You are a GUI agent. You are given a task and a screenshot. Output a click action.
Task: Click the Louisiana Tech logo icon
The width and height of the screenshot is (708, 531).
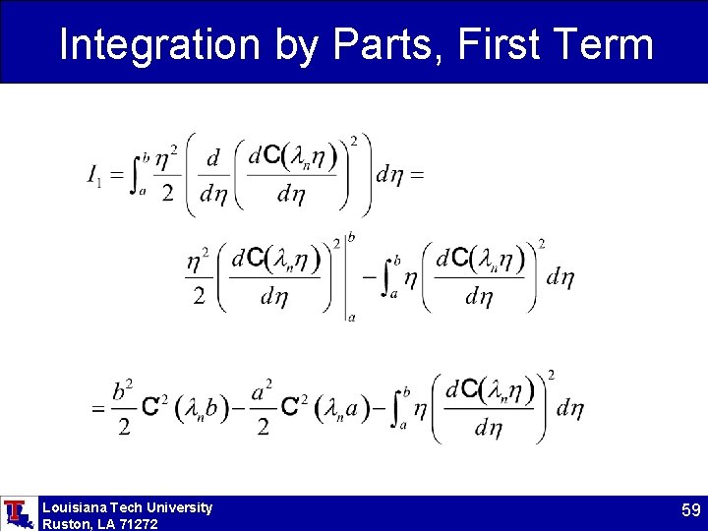[17, 513]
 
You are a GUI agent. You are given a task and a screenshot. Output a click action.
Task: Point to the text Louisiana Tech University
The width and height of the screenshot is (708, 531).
[127, 507]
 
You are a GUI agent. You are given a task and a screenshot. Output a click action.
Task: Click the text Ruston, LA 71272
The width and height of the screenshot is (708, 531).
[99, 524]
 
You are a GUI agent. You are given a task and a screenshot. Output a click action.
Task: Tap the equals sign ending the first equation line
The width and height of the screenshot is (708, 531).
[416, 175]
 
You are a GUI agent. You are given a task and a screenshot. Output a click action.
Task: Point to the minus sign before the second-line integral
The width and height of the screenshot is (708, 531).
[370, 277]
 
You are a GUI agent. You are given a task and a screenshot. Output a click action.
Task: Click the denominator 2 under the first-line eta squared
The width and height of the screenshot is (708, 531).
[167, 194]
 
